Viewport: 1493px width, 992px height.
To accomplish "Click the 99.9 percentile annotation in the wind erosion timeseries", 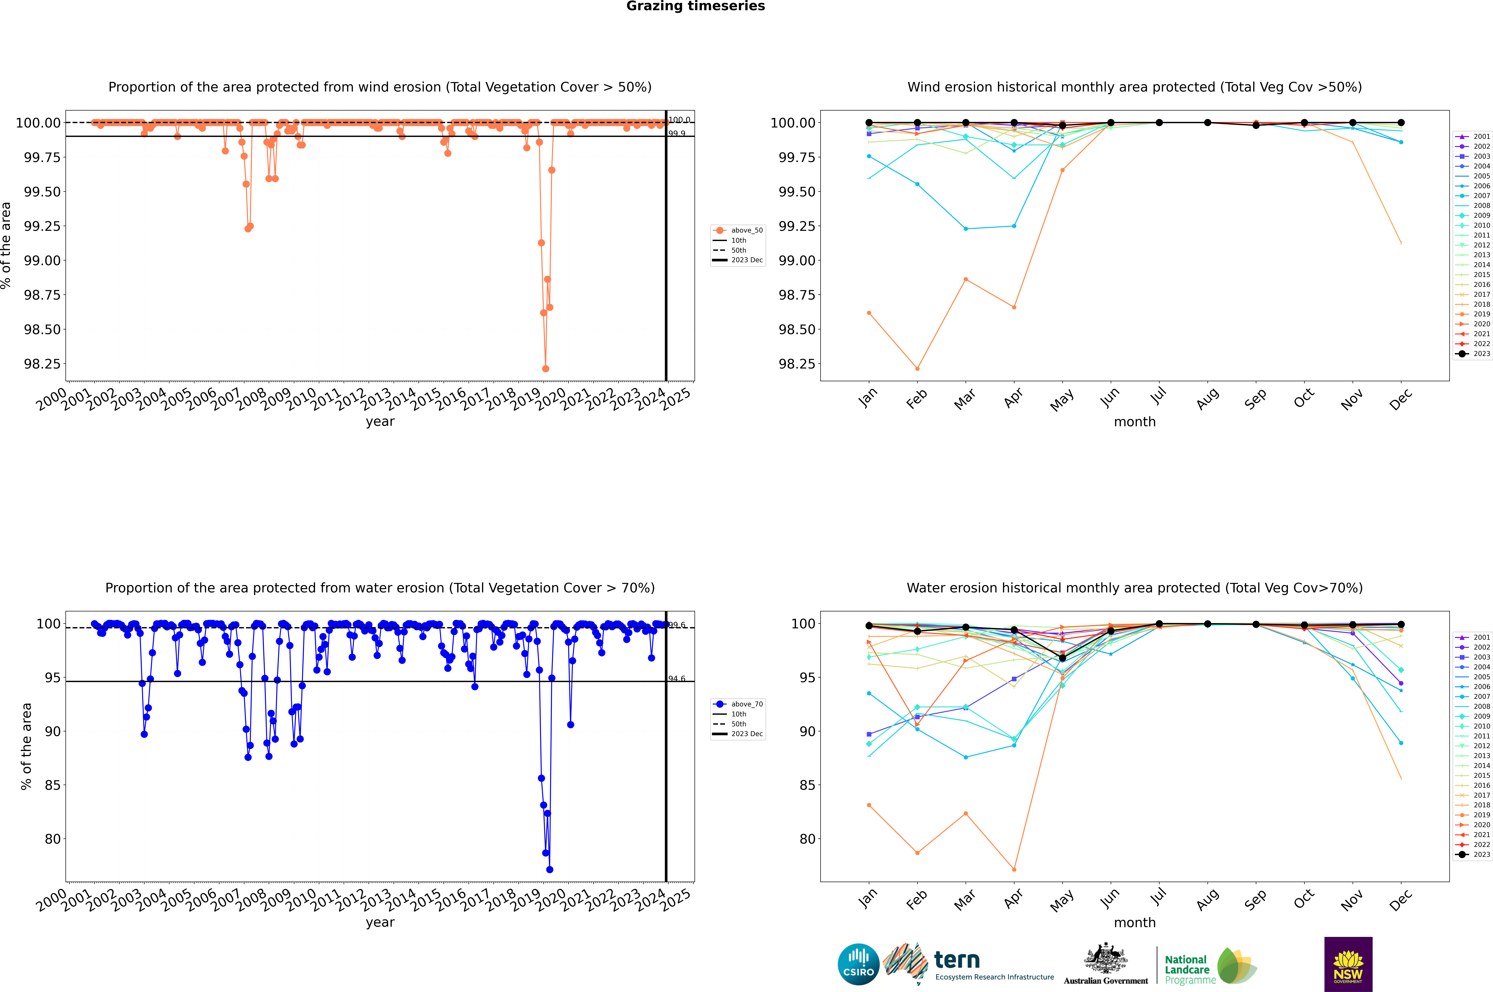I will [x=677, y=133].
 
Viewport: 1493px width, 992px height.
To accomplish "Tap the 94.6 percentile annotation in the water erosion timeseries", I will [x=677, y=679].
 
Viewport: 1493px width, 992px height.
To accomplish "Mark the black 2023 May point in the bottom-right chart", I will [x=1062, y=658].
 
